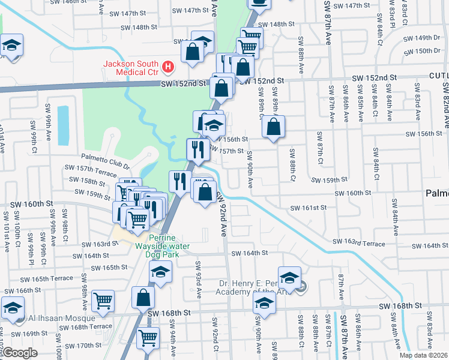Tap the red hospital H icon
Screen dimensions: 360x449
point(169,67)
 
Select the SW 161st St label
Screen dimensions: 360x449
point(308,208)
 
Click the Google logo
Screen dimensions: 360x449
point(20,353)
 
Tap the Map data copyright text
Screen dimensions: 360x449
point(423,355)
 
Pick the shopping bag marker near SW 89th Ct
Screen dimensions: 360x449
point(274,127)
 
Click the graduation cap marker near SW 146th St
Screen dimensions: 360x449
point(11,46)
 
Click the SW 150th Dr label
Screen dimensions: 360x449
point(429,51)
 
